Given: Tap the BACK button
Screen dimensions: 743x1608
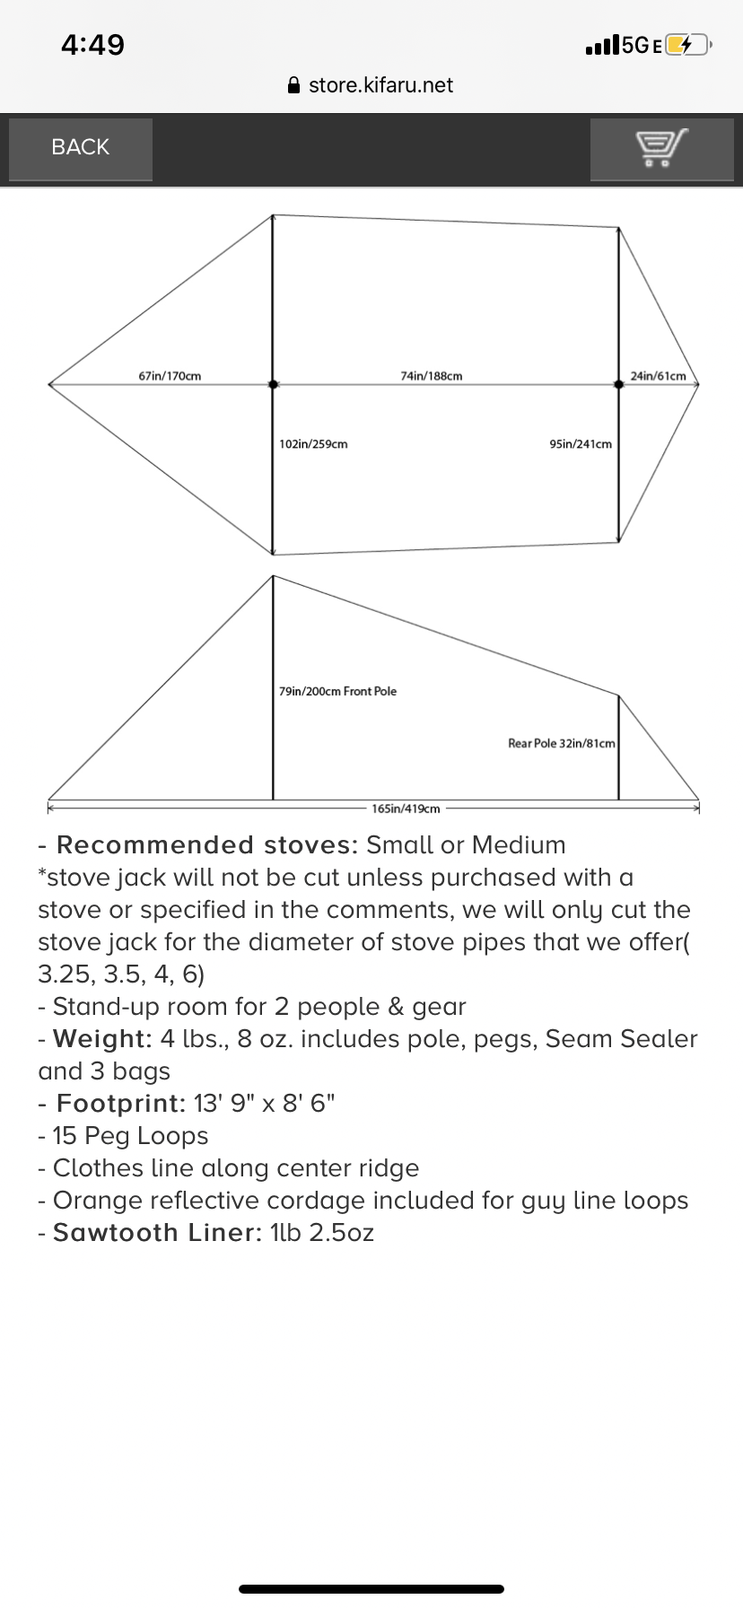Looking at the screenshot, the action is tap(80, 148).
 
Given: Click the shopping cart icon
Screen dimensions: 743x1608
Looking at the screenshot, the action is tap(662, 148).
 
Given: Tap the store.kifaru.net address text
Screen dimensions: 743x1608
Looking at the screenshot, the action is tap(380, 85).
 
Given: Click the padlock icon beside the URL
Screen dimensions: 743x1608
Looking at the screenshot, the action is tap(293, 85).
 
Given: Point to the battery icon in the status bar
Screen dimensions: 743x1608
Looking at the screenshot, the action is tap(688, 45).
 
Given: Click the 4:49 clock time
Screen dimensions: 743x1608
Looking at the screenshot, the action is tap(92, 45).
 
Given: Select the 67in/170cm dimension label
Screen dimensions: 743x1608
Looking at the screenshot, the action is tap(170, 376).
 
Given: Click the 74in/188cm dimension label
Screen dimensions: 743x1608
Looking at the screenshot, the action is tap(432, 376).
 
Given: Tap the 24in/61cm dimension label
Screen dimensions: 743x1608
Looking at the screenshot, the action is tap(658, 376).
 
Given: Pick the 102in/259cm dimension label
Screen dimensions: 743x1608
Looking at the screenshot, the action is tap(313, 444).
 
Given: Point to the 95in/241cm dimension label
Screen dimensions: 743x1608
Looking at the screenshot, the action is tap(581, 444).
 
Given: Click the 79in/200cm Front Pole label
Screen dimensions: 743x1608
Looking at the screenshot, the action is tap(337, 691).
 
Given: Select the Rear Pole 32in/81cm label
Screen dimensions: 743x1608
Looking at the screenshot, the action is tap(562, 743).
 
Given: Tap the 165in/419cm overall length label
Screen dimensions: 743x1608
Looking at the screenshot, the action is tap(406, 808).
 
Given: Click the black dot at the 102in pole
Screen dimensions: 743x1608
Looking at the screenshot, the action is tap(273, 384).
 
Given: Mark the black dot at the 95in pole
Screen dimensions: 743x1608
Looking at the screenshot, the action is tap(618, 384).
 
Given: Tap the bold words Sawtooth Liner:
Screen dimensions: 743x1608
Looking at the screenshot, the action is tap(158, 1233).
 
